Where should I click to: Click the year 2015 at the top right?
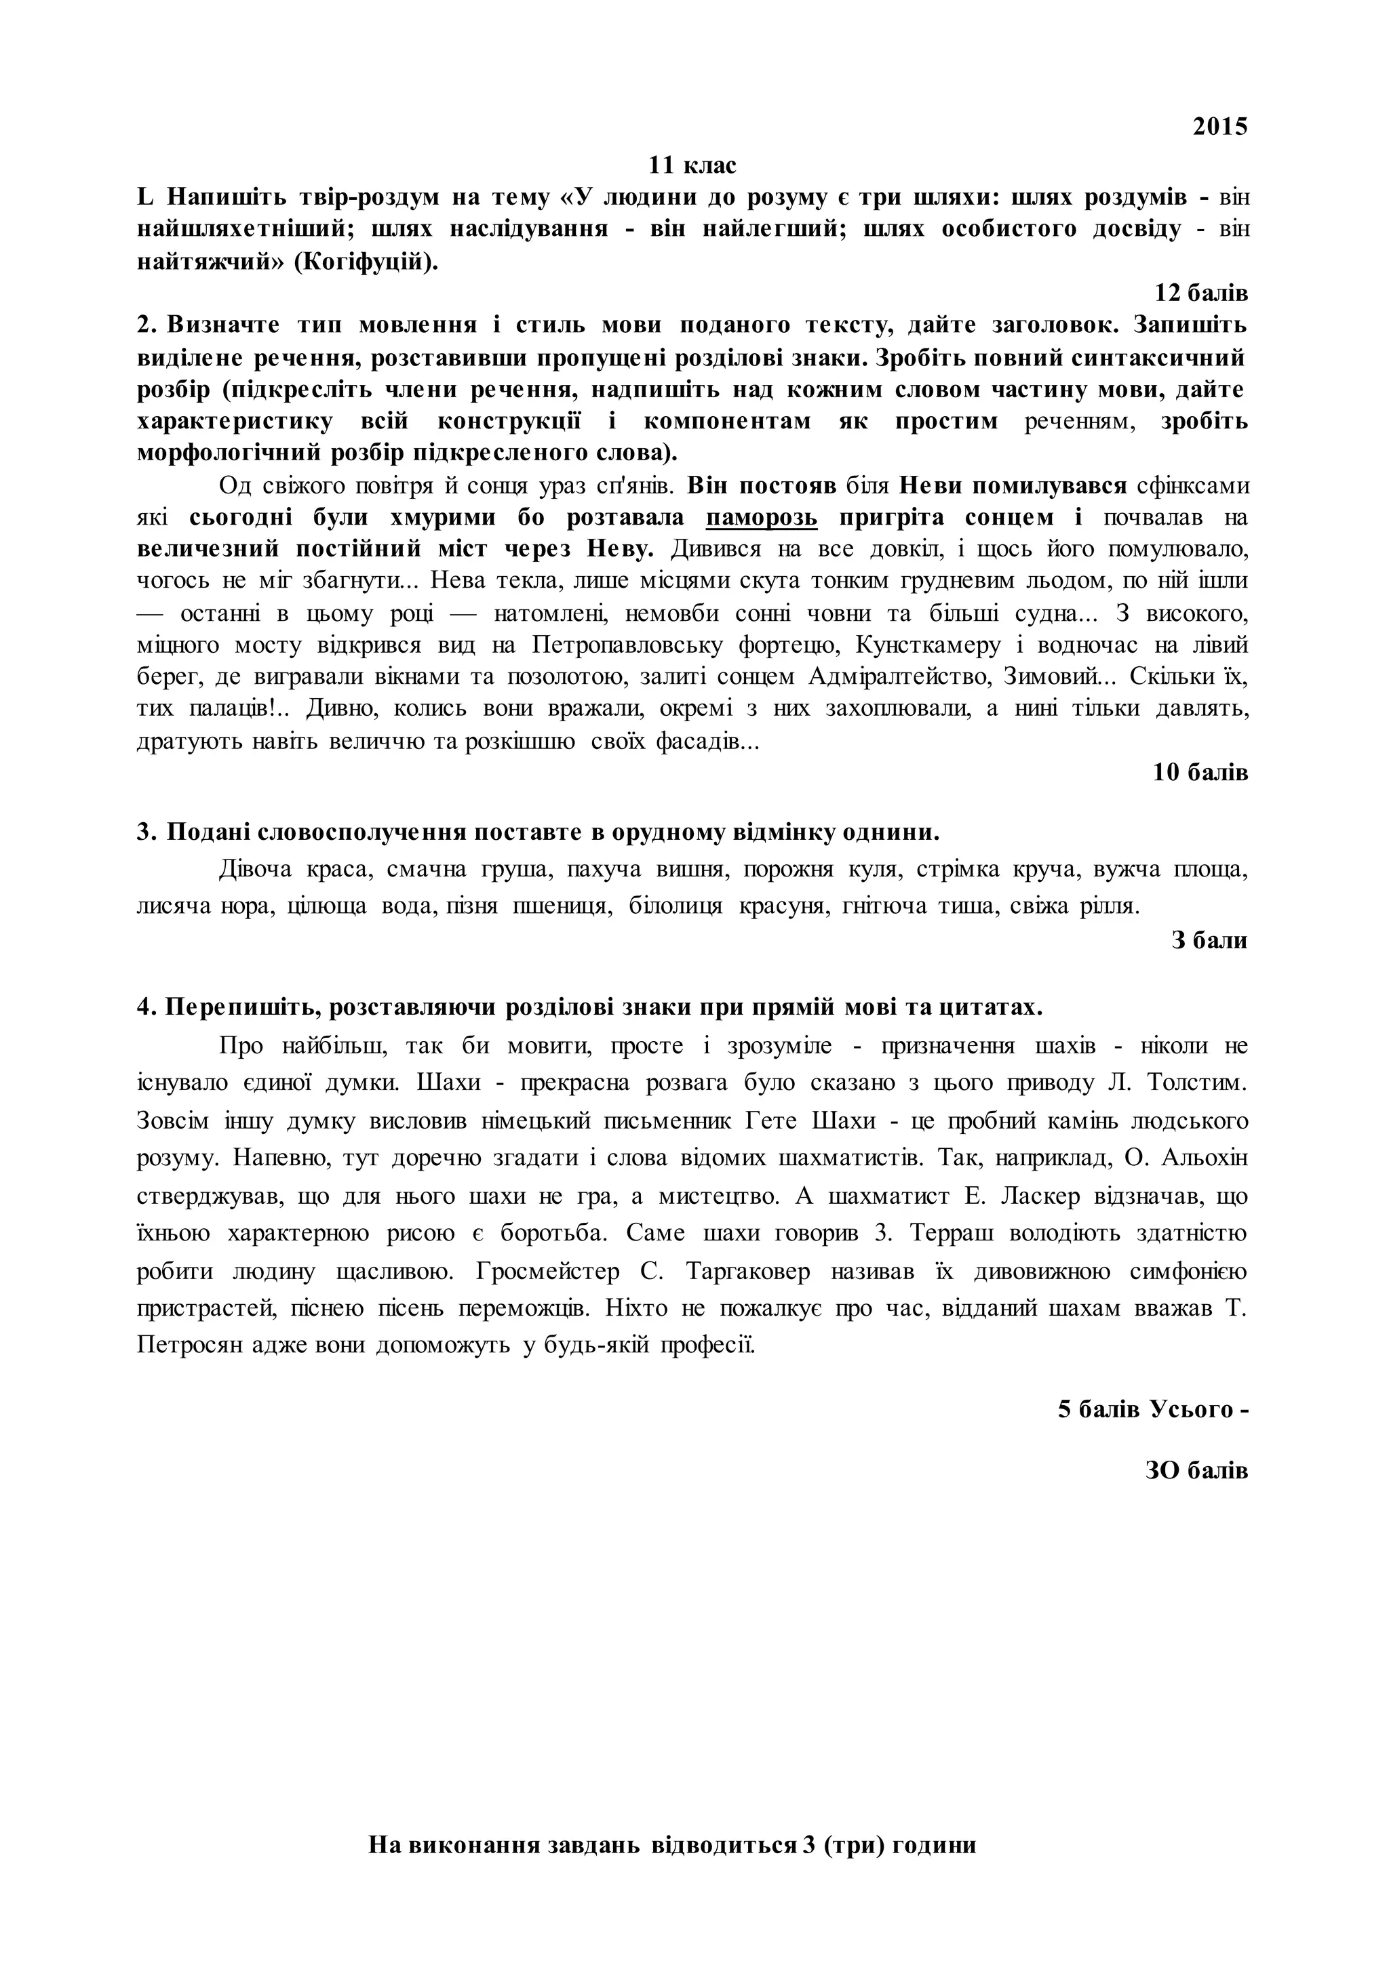[x=1221, y=127]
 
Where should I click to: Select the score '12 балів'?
[x=1201, y=294]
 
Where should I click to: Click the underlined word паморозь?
[x=762, y=518]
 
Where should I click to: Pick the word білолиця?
[x=676, y=906]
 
